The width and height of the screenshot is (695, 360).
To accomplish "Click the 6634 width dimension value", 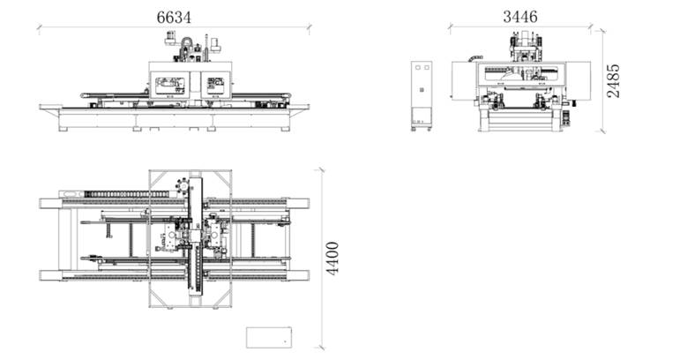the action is [174, 18].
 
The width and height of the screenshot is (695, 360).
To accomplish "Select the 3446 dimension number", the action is [519, 17].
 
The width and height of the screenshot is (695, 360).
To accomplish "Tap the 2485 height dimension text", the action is [614, 81].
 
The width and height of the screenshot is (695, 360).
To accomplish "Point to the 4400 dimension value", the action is [333, 259].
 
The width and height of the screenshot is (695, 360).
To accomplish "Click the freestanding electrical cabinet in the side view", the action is [421, 95].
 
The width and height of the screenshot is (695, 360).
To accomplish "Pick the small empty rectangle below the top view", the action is [269, 337].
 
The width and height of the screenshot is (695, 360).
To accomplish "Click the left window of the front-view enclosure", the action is [169, 85].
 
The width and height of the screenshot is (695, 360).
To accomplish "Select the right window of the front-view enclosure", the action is [215, 85].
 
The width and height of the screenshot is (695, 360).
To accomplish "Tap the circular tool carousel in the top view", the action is [183, 185].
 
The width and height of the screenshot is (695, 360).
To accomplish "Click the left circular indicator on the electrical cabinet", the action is [418, 67].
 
